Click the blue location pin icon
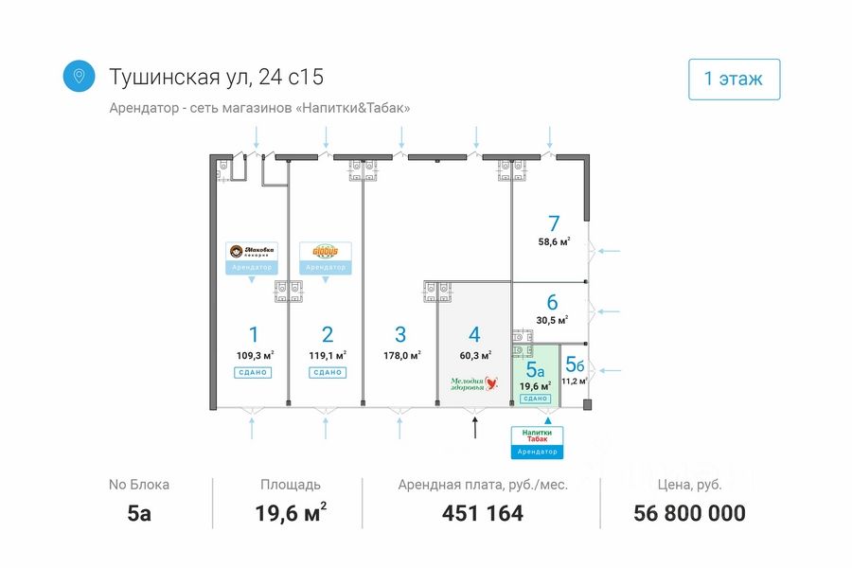(79, 77)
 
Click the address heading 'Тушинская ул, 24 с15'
(222, 77)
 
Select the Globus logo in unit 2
(326, 252)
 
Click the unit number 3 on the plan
(400, 334)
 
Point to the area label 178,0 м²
(401, 356)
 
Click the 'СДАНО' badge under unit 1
(253, 372)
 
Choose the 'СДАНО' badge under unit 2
(327, 372)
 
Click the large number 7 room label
(554, 224)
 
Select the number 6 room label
(552, 303)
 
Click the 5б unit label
(574, 364)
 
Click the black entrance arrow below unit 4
(475, 427)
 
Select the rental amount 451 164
(482, 513)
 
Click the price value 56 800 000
(689, 513)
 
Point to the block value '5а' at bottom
(139, 513)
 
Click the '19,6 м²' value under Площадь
(291, 513)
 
